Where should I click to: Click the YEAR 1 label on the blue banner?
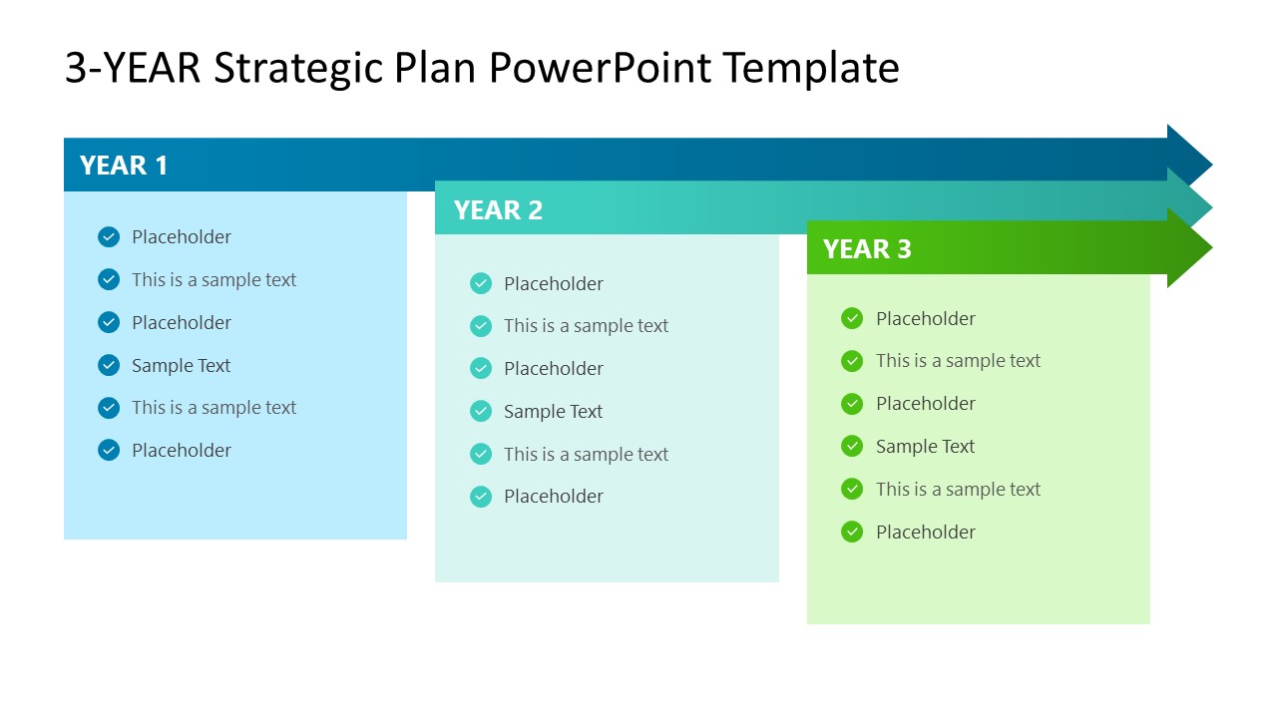(x=124, y=166)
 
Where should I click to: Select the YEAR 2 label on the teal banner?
(x=498, y=210)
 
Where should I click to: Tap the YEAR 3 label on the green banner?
(x=867, y=249)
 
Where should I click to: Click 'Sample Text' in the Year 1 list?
(x=181, y=366)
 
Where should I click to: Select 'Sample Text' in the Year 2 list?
(x=553, y=412)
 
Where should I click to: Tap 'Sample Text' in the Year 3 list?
(x=925, y=447)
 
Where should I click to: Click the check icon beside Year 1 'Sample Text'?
(x=109, y=366)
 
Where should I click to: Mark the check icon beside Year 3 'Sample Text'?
(x=852, y=447)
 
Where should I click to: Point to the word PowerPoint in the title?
(x=601, y=69)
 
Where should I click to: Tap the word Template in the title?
(x=810, y=69)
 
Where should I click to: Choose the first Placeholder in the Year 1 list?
(x=181, y=237)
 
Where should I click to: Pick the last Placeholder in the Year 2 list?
(x=553, y=497)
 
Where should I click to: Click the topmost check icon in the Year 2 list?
(x=481, y=284)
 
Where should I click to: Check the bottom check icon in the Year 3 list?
(x=852, y=533)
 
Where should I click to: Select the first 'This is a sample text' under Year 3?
(x=958, y=361)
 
